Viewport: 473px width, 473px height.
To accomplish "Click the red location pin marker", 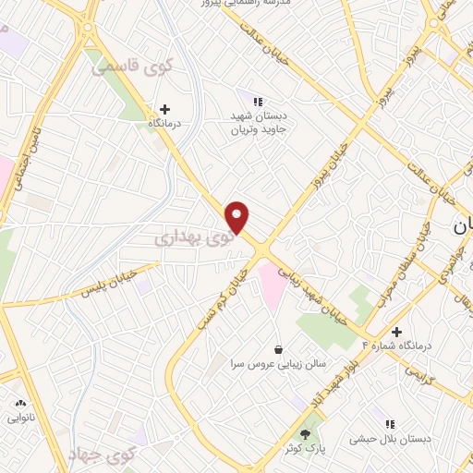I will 238,217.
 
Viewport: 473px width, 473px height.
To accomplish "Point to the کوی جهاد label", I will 102,453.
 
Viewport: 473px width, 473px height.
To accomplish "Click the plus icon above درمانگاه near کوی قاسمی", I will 165,108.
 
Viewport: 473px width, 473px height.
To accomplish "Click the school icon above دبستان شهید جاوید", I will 260,101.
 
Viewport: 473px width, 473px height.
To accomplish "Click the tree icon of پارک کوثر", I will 306,433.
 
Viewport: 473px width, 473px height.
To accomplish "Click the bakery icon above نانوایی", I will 20,404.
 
